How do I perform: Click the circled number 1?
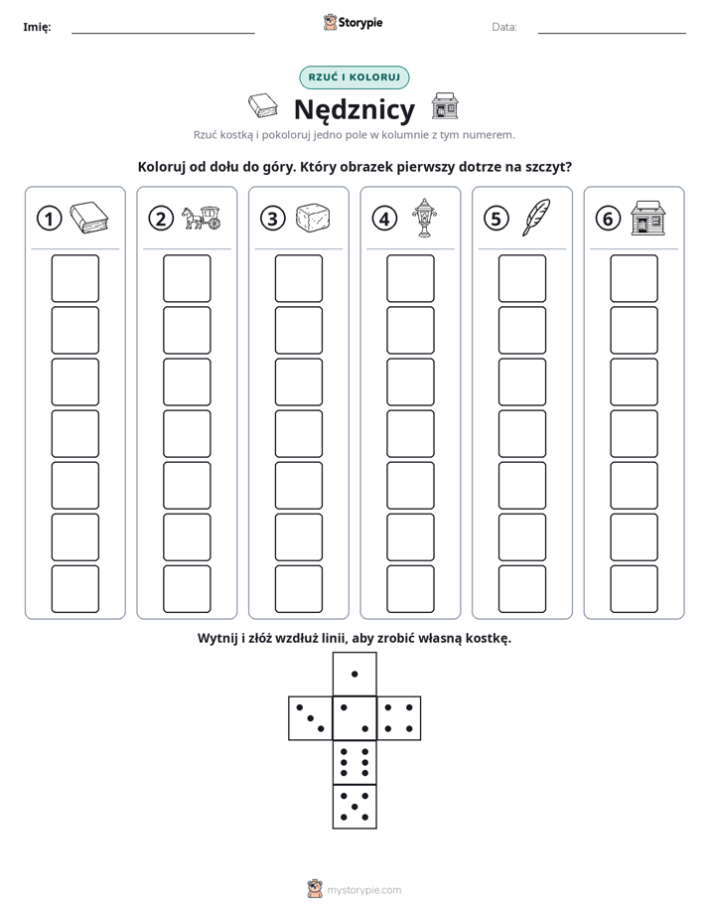49,219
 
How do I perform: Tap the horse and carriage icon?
202,218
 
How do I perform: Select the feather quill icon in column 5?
536,218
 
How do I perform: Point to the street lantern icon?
425,218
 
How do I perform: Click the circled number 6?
608,219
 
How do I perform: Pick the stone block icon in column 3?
313,219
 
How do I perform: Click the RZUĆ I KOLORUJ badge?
354,77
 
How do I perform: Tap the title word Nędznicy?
354,109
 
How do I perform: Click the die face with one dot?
354,675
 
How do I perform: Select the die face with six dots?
354,762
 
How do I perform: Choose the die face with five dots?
354,807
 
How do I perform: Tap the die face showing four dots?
399,718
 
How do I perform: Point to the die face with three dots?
311,718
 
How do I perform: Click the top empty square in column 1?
74,278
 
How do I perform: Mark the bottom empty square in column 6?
635,589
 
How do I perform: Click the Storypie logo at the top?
353,23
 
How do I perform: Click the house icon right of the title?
445,106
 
